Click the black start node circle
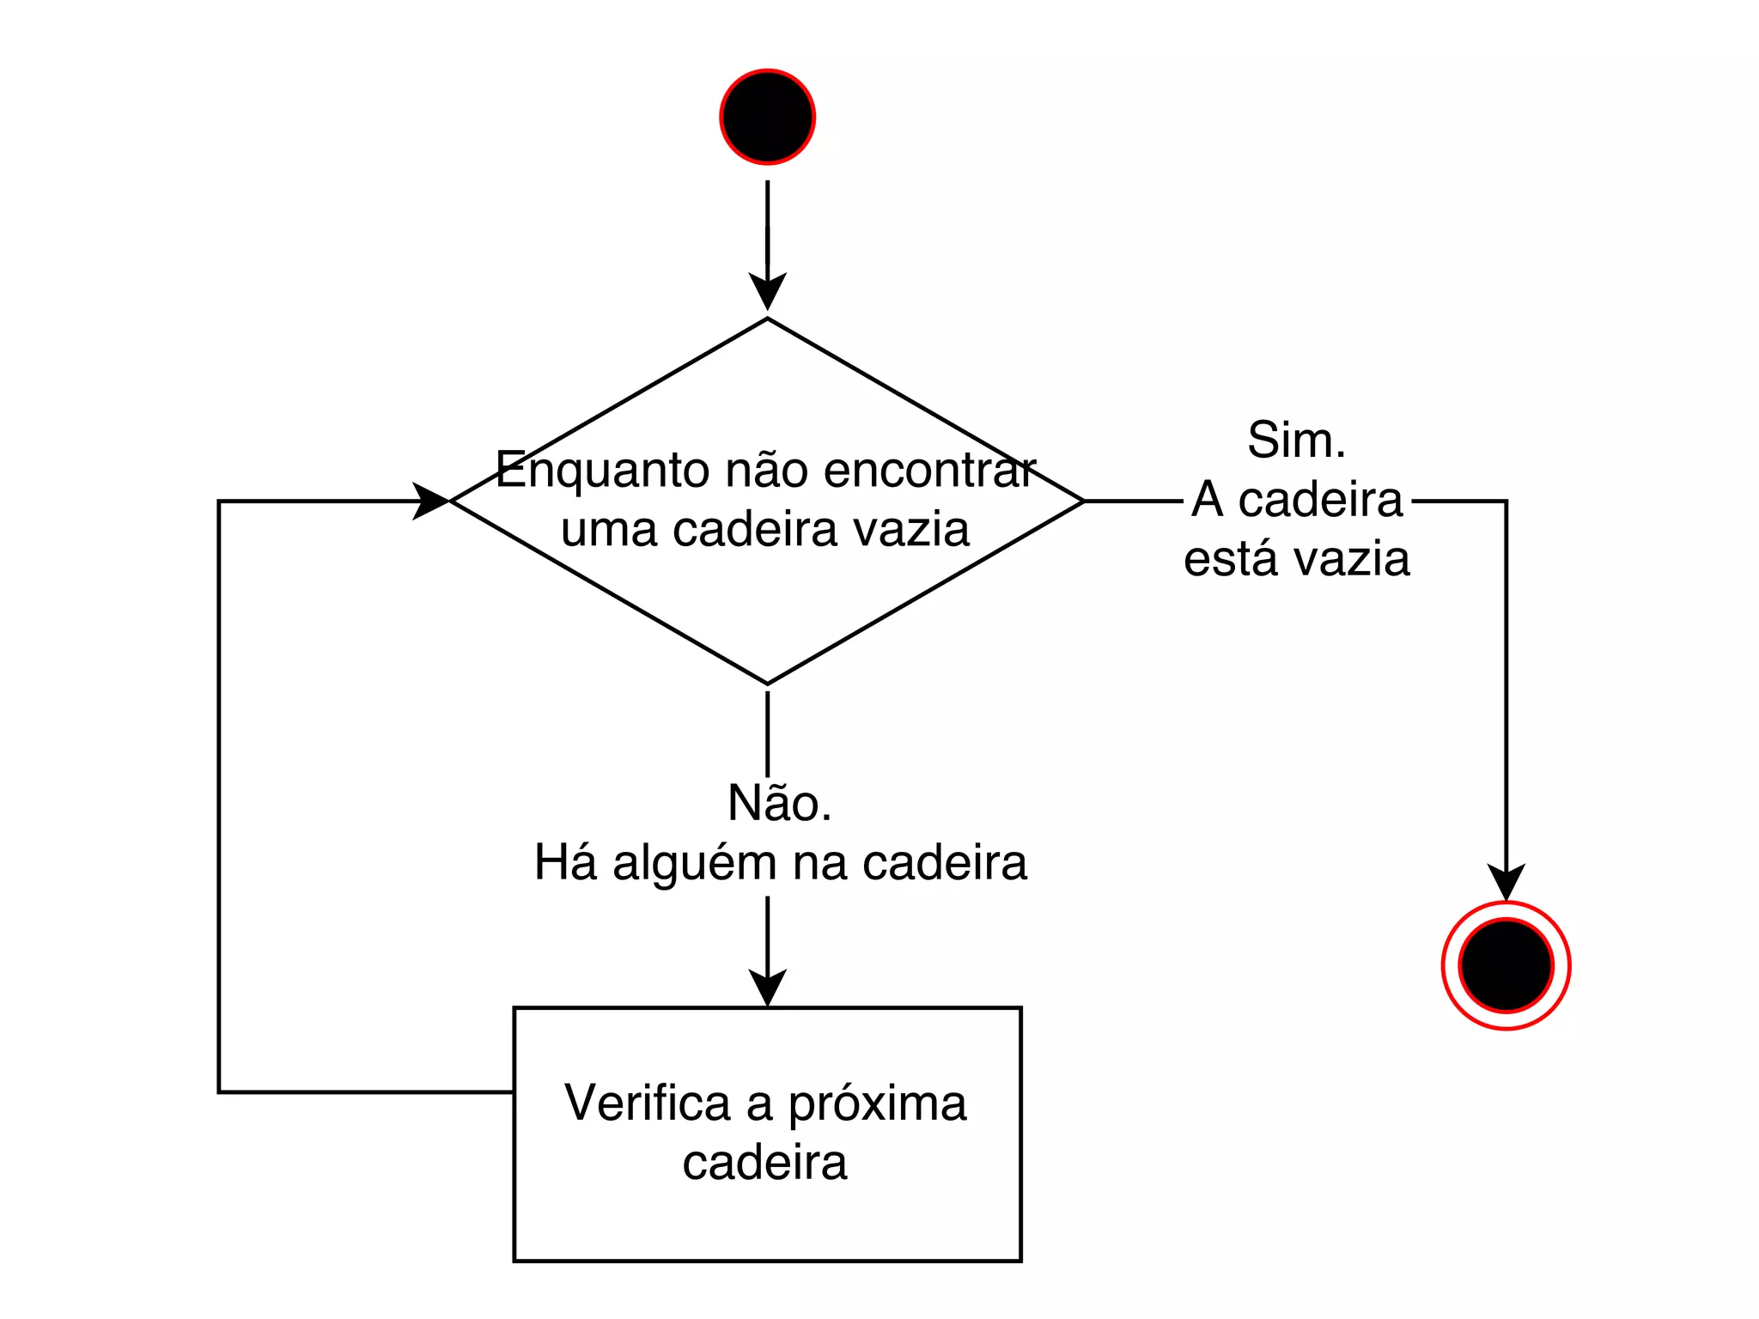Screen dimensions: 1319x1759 pos(767,117)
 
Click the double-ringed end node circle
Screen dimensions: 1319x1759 pos(1506,965)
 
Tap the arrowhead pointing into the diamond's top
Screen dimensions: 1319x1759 pos(767,292)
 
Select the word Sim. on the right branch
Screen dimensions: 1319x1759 pos(1296,441)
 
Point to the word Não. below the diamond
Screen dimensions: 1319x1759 pos(779,804)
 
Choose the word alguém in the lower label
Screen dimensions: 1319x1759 pos(694,863)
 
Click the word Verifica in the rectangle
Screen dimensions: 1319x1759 pos(647,1103)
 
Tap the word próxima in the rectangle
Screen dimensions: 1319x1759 pos(877,1104)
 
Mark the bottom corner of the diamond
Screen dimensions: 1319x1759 pos(767,684)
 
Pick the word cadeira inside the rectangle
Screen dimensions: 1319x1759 pos(764,1163)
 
